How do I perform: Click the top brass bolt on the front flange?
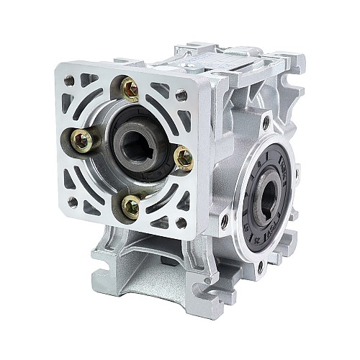(x=130, y=89)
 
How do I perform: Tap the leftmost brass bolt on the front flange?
(x=84, y=140)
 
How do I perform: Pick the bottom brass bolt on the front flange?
(x=131, y=207)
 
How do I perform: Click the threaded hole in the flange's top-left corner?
(x=70, y=81)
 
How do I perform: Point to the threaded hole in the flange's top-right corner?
(x=182, y=94)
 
